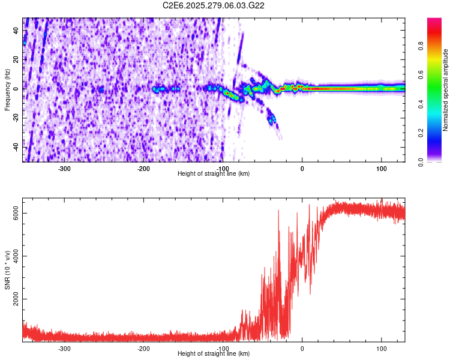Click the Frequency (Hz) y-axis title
click(7, 89)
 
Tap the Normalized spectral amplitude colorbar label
click(446, 89)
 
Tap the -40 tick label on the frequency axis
click(14, 147)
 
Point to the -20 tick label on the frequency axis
click(14, 118)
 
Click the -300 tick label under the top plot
click(64, 168)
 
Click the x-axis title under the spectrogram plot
click(214, 174)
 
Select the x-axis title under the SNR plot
click(214, 354)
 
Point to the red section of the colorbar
click(435, 33)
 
